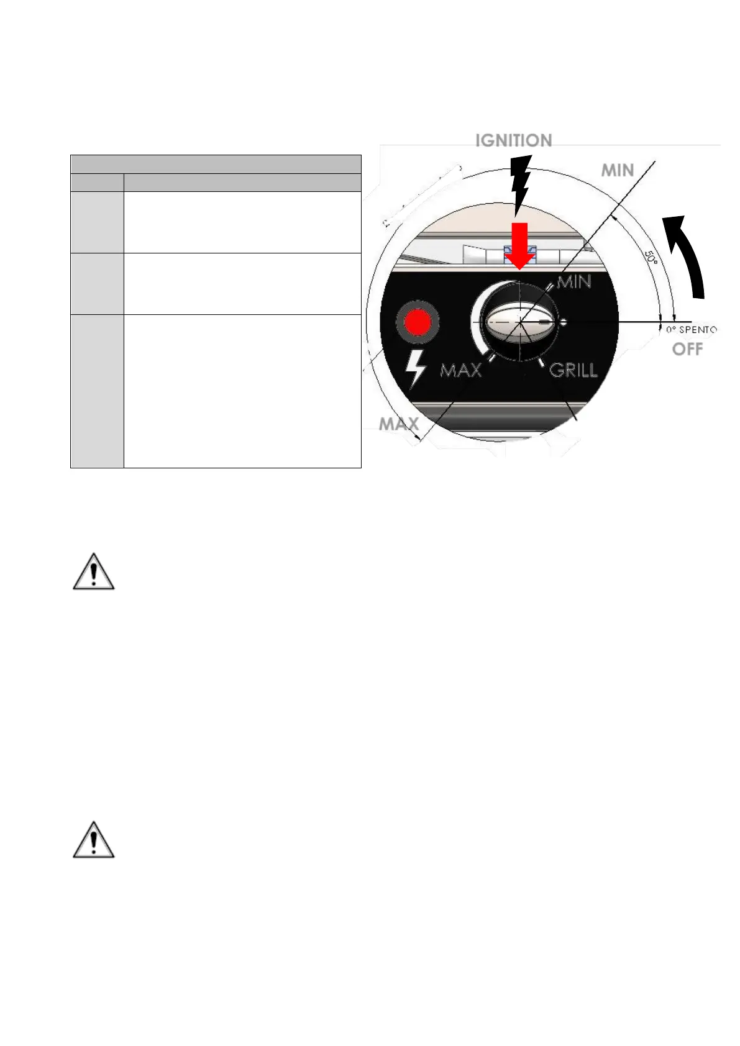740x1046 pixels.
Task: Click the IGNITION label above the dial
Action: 513,140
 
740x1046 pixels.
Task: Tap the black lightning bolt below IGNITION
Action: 519,184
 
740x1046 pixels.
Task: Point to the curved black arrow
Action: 689,255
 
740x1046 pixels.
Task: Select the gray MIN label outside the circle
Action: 617,170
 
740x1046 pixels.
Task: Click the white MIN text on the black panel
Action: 573,282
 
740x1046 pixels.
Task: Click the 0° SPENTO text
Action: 691,329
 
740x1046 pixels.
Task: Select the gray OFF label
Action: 687,349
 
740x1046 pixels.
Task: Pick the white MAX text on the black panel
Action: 460,371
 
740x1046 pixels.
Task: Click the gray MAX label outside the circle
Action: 398,424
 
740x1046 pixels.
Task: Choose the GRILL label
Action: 573,371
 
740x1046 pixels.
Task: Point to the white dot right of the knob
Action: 564,322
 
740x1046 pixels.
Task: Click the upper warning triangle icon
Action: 94,571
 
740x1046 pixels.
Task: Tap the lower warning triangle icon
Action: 94,840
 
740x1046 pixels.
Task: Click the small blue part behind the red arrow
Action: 508,253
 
